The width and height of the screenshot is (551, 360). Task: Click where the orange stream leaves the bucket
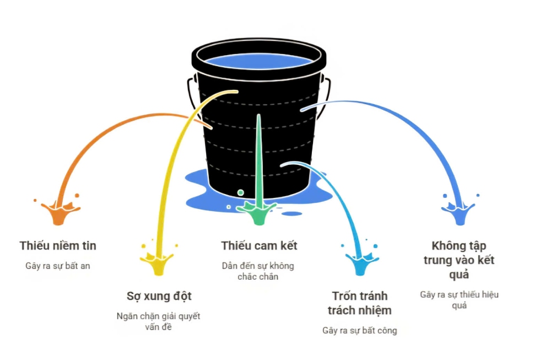coord(210,127)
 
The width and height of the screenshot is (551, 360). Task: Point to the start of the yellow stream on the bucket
coord(236,92)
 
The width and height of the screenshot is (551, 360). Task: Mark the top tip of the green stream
coord(258,115)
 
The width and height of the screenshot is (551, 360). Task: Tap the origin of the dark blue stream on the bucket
coord(302,110)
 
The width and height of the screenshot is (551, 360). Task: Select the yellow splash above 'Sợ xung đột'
coord(158,260)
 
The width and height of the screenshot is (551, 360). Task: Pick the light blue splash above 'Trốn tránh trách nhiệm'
coord(361,260)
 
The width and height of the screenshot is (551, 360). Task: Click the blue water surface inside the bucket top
coord(258,62)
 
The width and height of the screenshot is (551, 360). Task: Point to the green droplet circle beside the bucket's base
coord(241,192)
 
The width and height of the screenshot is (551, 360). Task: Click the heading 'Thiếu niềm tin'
coord(58,245)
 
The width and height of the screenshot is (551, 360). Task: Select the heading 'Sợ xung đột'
coord(159,296)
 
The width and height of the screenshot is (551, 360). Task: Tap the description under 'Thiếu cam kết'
coord(258,271)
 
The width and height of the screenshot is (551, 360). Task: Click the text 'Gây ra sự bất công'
coord(359,330)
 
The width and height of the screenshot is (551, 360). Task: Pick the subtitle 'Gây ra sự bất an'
coord(58,266)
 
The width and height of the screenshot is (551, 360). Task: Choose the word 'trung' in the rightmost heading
coord(440,261)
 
